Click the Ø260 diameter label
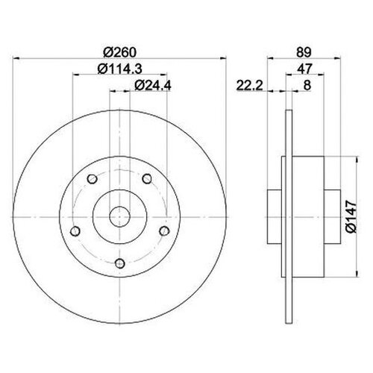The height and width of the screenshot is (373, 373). (119, 52)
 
